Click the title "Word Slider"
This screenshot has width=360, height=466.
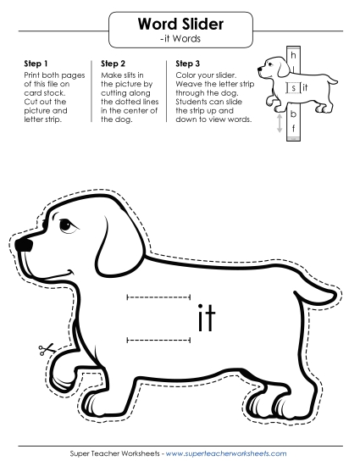[x=180, y=24]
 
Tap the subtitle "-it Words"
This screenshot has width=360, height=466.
[x=180, y=39]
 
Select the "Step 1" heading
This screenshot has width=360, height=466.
[x=36, y=64]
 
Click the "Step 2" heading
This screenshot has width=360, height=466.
[x=113, y=64]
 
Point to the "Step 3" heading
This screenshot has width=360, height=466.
[x=188, y=64]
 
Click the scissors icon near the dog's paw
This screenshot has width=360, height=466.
[x=46, y=349]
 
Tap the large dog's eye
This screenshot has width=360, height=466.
[x=68, y=226]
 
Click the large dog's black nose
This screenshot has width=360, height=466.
[x=24, y=245]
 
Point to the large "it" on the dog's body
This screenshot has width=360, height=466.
[x=207, y=318]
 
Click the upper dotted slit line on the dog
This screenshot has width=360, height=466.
[x=158, y=297]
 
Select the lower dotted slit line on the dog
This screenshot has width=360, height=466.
[x=158, y=340]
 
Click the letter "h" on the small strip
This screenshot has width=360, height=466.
[x=293, y=55]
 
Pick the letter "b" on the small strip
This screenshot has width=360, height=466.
[x=293, y=114]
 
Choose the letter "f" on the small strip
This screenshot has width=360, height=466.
[x=293, y=129]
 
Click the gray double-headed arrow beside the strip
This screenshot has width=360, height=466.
[x=280, y=124]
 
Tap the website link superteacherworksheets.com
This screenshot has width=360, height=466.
[x=226, y=453]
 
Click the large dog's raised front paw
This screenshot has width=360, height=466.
[x=64, y=371]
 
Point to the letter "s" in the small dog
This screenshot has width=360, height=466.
[x=293, y=88]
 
